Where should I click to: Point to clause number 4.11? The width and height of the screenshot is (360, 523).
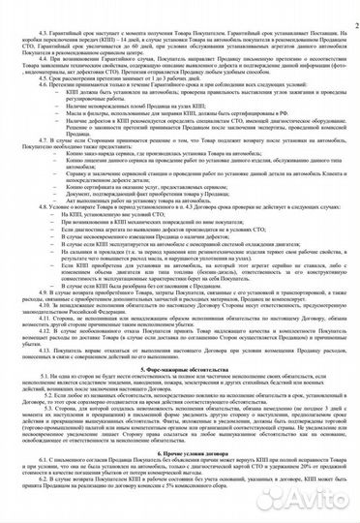click(45, 343)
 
